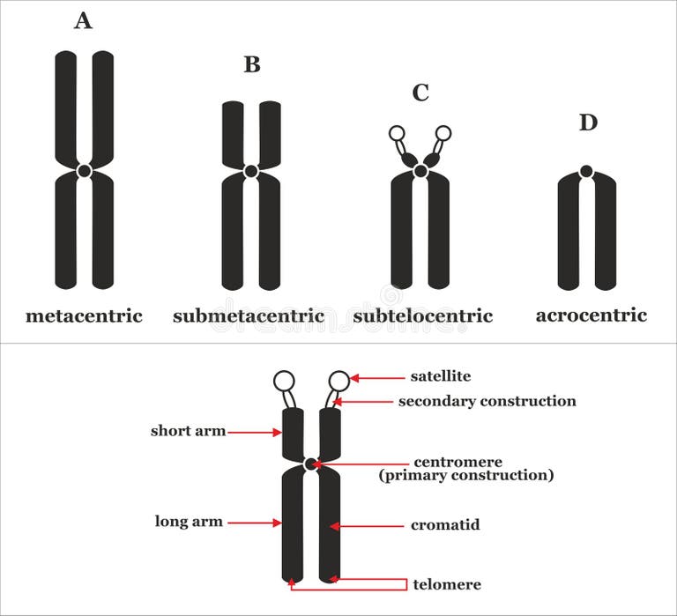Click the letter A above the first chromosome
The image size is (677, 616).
click(83, 20)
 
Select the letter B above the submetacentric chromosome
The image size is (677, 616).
click(252, 64)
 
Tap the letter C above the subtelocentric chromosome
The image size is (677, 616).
click(420, 93)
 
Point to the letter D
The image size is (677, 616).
click(588, 122)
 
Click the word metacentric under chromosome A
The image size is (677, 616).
click(84, 315)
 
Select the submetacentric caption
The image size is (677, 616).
click(249, 315)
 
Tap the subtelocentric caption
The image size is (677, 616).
click(423, 315)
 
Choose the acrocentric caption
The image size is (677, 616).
click(591, 315)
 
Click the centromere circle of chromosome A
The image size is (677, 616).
click(84, 171)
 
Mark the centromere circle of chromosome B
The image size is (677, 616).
click(251, 171)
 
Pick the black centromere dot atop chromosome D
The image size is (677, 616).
click(586, 171)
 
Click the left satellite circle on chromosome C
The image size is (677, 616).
click(397, 134)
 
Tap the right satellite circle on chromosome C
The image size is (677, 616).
click(443, 134)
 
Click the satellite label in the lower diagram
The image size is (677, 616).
click(440, 376)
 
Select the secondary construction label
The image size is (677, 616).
click(487, 401)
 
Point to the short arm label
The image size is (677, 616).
click(188, 431)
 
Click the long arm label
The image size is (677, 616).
click(189, 521)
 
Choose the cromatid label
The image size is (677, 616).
click(445, 524)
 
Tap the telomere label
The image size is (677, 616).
click(446, 584)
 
